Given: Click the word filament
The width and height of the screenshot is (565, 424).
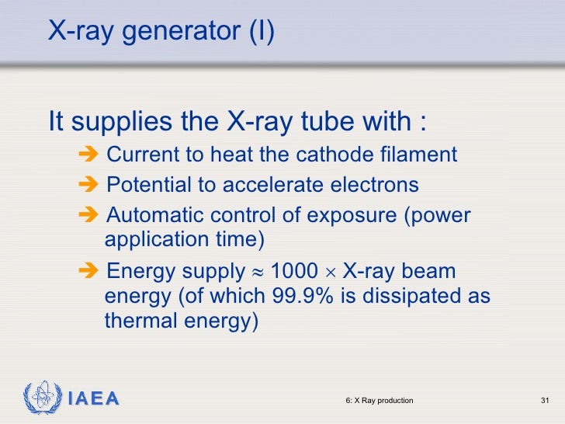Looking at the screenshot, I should tap(421, 155).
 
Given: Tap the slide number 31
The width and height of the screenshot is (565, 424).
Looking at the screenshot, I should tap(544, 401).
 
